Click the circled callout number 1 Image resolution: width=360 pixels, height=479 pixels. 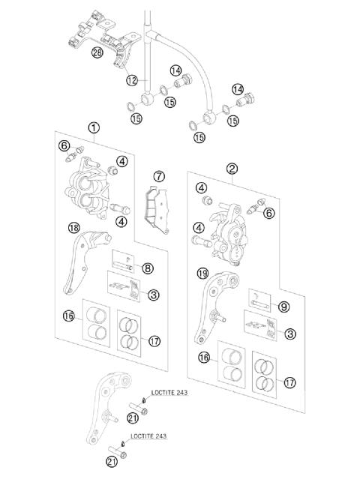(x=93, y=128)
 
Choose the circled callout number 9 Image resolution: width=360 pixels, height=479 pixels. (x=283, y=306)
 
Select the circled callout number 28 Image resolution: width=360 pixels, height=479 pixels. (x=97, y=53)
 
